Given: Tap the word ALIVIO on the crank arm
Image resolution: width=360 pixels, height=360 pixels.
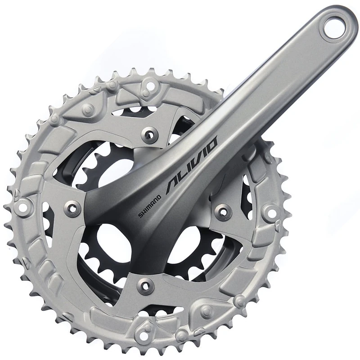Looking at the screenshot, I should click(192, 165).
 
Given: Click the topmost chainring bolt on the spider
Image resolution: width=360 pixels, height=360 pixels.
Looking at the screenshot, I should click(149, 134).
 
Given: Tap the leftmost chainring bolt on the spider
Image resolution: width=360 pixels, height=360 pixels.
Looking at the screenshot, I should click(72, 208).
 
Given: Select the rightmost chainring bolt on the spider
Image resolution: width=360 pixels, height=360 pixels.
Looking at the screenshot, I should click(223, 211).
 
